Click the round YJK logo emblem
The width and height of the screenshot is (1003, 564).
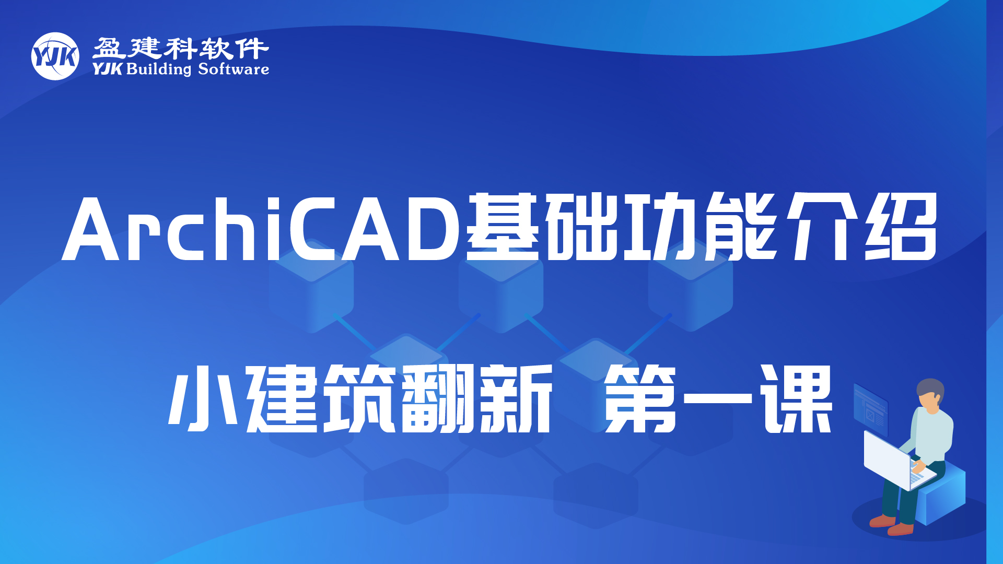pos(55,56)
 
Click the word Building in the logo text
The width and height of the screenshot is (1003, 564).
pos(159,69)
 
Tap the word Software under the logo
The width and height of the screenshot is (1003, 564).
pos(234,69)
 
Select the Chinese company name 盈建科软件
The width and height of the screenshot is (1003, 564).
pos(181,48)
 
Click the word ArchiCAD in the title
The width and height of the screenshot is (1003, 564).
pos(261,228)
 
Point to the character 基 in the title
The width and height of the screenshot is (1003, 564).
pos(503,227)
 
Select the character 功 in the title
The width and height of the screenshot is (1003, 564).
pos(661,227)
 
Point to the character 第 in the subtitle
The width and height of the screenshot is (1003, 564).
pos(640,398)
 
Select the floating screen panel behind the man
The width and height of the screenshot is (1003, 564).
pos(871,410)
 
